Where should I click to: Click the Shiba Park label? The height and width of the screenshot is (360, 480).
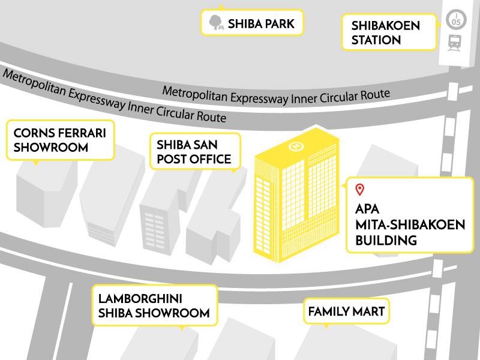point(252,23)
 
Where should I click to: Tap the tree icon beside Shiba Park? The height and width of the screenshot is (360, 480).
point(215,23)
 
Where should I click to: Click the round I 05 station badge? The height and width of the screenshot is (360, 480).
point(456,19)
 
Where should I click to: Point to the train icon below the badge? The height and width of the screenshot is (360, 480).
point(455,42)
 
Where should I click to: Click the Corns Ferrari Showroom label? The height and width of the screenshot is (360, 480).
point(59,140)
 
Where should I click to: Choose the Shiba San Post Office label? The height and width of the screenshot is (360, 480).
point(194,152)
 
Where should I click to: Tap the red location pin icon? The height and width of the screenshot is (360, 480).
point(360,190)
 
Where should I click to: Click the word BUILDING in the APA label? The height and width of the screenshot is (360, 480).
point(386,241)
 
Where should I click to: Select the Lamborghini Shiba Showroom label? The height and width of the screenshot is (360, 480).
point(154,305)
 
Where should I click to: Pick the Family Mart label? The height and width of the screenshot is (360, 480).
point(346,312)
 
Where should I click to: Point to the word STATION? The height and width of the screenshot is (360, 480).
point(376,40)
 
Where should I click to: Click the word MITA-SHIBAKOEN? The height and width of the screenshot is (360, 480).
point(410,225)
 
